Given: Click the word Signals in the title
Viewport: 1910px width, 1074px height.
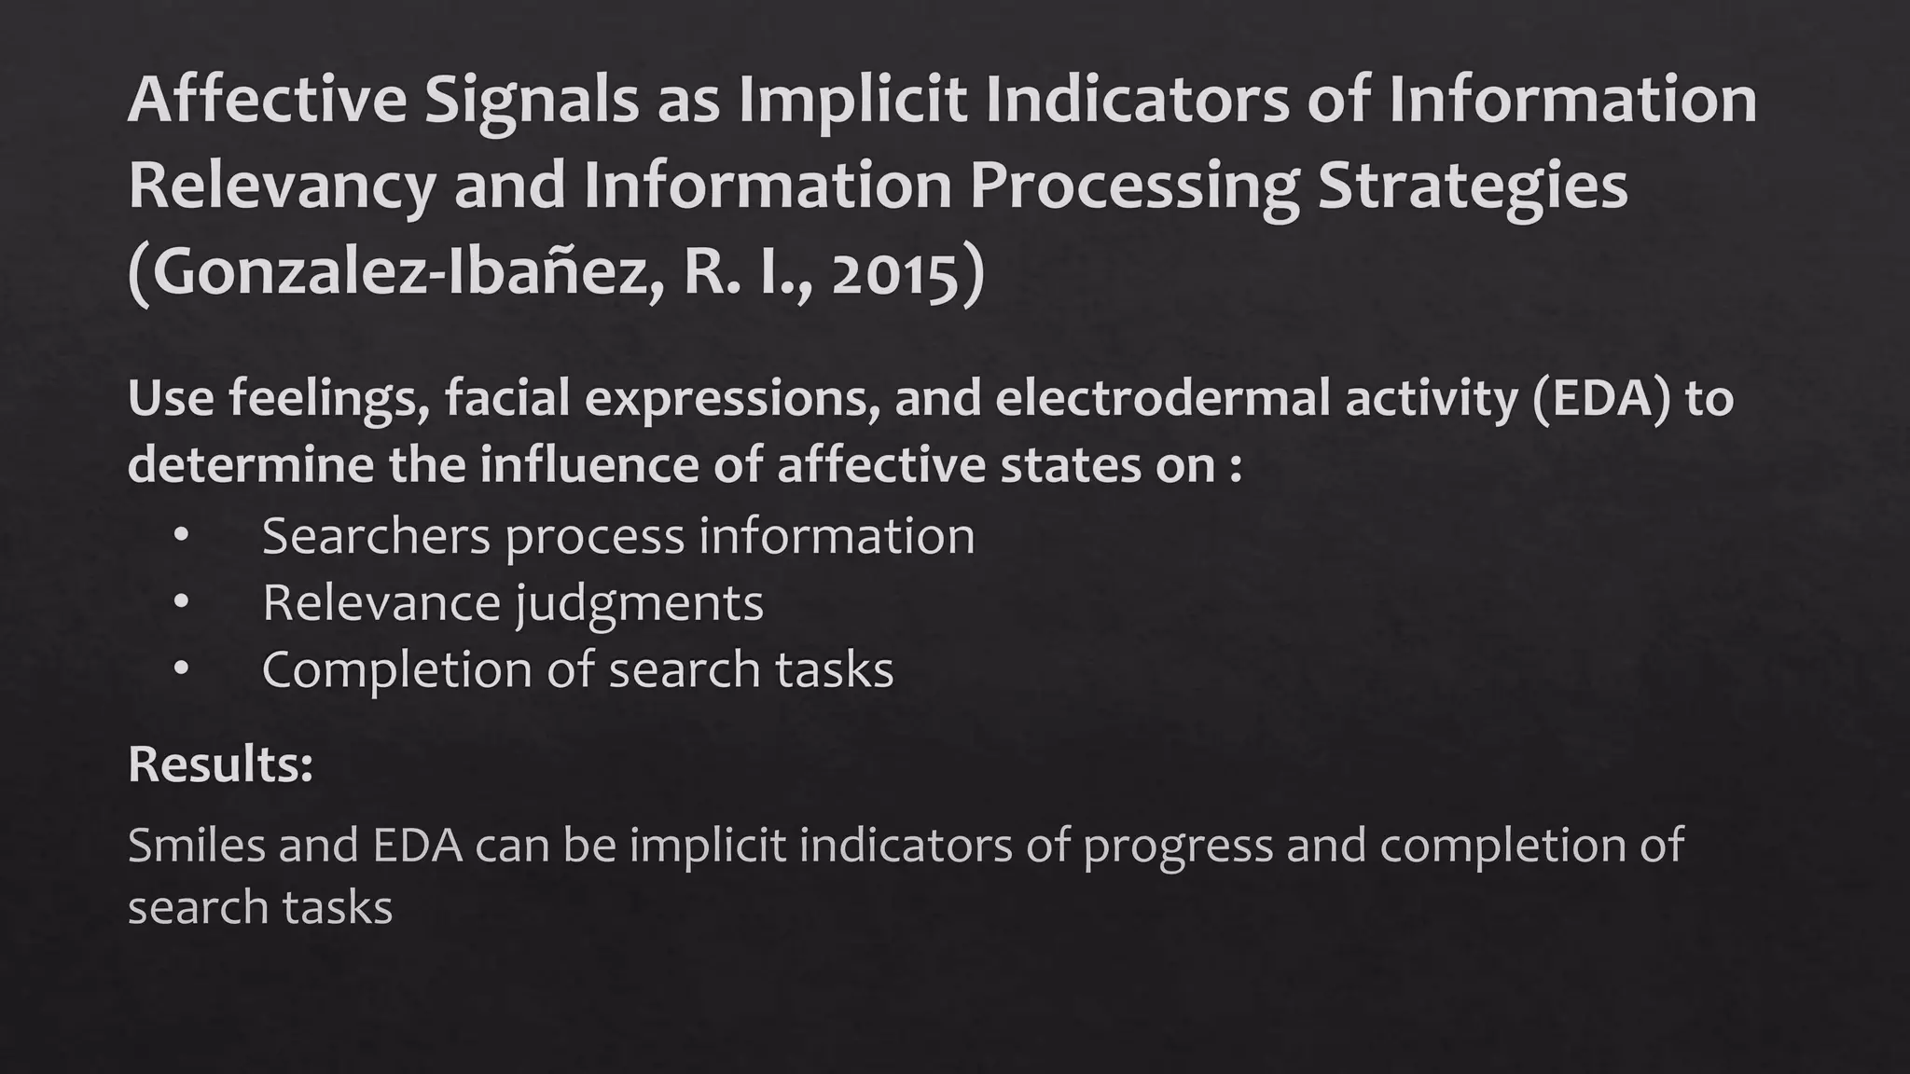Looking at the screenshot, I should (x=532, y=101).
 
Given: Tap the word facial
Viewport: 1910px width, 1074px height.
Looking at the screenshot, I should (x=506, y=399).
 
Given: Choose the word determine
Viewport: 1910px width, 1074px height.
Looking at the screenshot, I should (x=250, y=464).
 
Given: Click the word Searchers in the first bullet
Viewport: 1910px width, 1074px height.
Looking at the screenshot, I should (x=376, y=537).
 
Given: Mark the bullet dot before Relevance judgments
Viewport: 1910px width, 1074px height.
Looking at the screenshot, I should (x=181, y=603).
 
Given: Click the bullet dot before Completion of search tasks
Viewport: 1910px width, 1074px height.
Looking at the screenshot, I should (x=181, y=669).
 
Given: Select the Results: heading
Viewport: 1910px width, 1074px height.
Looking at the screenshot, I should (x=220, y=764).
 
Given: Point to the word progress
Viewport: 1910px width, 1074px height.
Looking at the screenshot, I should (x=1177, y=846).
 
